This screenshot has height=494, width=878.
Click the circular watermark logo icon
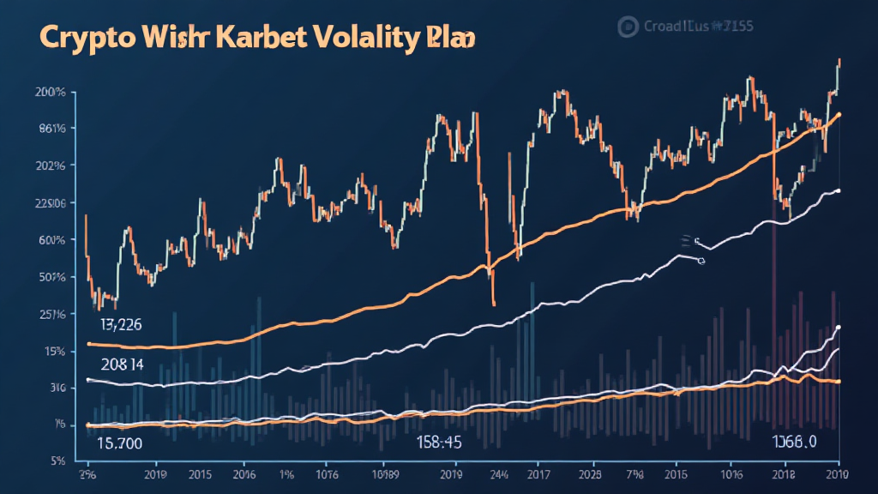click(x=625, y=26)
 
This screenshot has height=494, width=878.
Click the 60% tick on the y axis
click(x=52, y=241)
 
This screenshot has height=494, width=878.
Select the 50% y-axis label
click(x=52, y=278)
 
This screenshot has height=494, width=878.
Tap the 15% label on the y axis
click(x=55, y=352)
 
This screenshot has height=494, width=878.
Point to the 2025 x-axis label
click(x=590, y=473)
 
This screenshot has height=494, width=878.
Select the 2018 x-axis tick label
click(x=784, y=473)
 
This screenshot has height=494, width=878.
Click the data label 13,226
click(x=120, y=325)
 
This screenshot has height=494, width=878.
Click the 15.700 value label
click(x=120, y=443)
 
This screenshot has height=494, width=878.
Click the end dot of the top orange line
click(x=838, y=114)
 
